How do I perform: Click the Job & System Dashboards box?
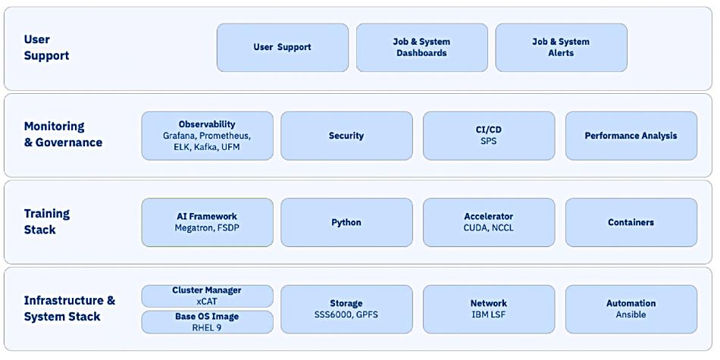click(x=422, y=48)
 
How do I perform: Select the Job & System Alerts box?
click(x=561, y=48)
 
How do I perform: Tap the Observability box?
click(x=207, y=136)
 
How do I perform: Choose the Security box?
click(x=346, y=136)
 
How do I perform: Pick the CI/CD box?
click(x=489, y=136)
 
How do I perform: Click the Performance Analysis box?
click(x=631, y=136)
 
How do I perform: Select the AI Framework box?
click(x=207, y=222)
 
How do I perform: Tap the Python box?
click(x=346, y=222)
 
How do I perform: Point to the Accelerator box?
click(x=489, y=222)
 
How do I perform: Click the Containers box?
click(x=631, y=222)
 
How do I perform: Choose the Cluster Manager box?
click(x=207, y=296)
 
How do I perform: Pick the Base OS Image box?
click(x=207, y=322)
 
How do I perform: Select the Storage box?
click(x=346, y=309)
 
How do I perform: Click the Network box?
click(x=489, y=309)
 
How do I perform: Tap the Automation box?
click(x=631, y=309)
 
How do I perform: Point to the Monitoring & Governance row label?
click(x=63, y=134)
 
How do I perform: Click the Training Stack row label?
click(x=47, y=221)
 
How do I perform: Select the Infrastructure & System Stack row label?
click(x=69, y=308)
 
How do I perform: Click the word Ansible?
click(x=631, y=315)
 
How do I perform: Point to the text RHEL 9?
click(x=207, y=327)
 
